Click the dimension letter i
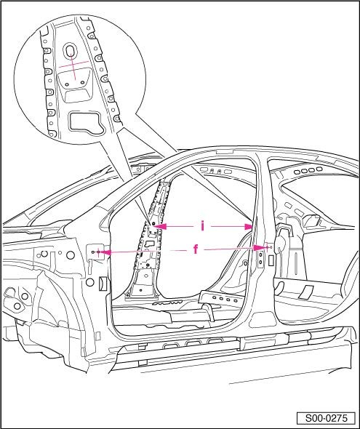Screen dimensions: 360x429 click(x=202, y=226)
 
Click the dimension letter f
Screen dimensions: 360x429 click(x=196, y=249)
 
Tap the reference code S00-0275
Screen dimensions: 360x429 click(x=326, y=418)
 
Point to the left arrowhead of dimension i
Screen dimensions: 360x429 click(x=160, y=226)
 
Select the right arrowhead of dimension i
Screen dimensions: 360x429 click(x=249, y=227)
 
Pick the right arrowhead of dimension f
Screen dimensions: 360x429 click(x=259, y=248)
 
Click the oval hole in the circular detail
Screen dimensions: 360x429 click(x=70, y=51)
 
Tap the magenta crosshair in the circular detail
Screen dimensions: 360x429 click(x=73, y=66)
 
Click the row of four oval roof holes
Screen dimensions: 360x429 click(x=308, y=170)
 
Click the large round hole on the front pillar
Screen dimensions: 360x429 click(x=71, y=255)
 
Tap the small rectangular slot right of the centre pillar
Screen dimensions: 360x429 click(x=271, y=260)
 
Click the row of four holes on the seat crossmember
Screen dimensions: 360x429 click(x=225, y=299)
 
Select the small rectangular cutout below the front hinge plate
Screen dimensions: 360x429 click(x=103, y=283)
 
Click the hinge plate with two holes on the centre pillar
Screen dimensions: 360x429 click(x=260, y=259)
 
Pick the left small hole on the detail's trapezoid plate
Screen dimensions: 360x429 click(x=66, y=84)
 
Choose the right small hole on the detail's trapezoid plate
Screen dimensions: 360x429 click(x=83, y=82)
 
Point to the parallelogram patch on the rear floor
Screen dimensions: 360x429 click(x=306, y=292)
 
